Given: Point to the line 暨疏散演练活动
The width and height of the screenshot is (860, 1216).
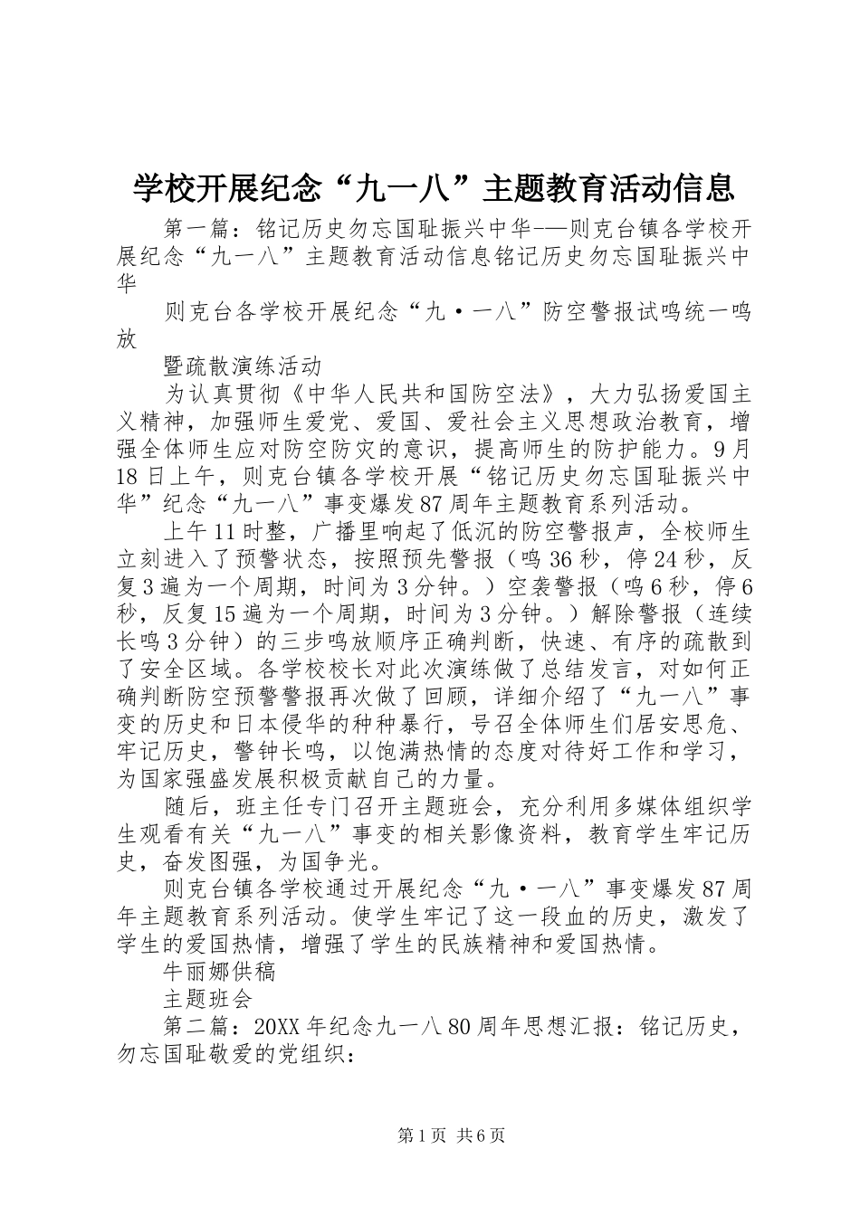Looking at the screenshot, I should tap(243, 366).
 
